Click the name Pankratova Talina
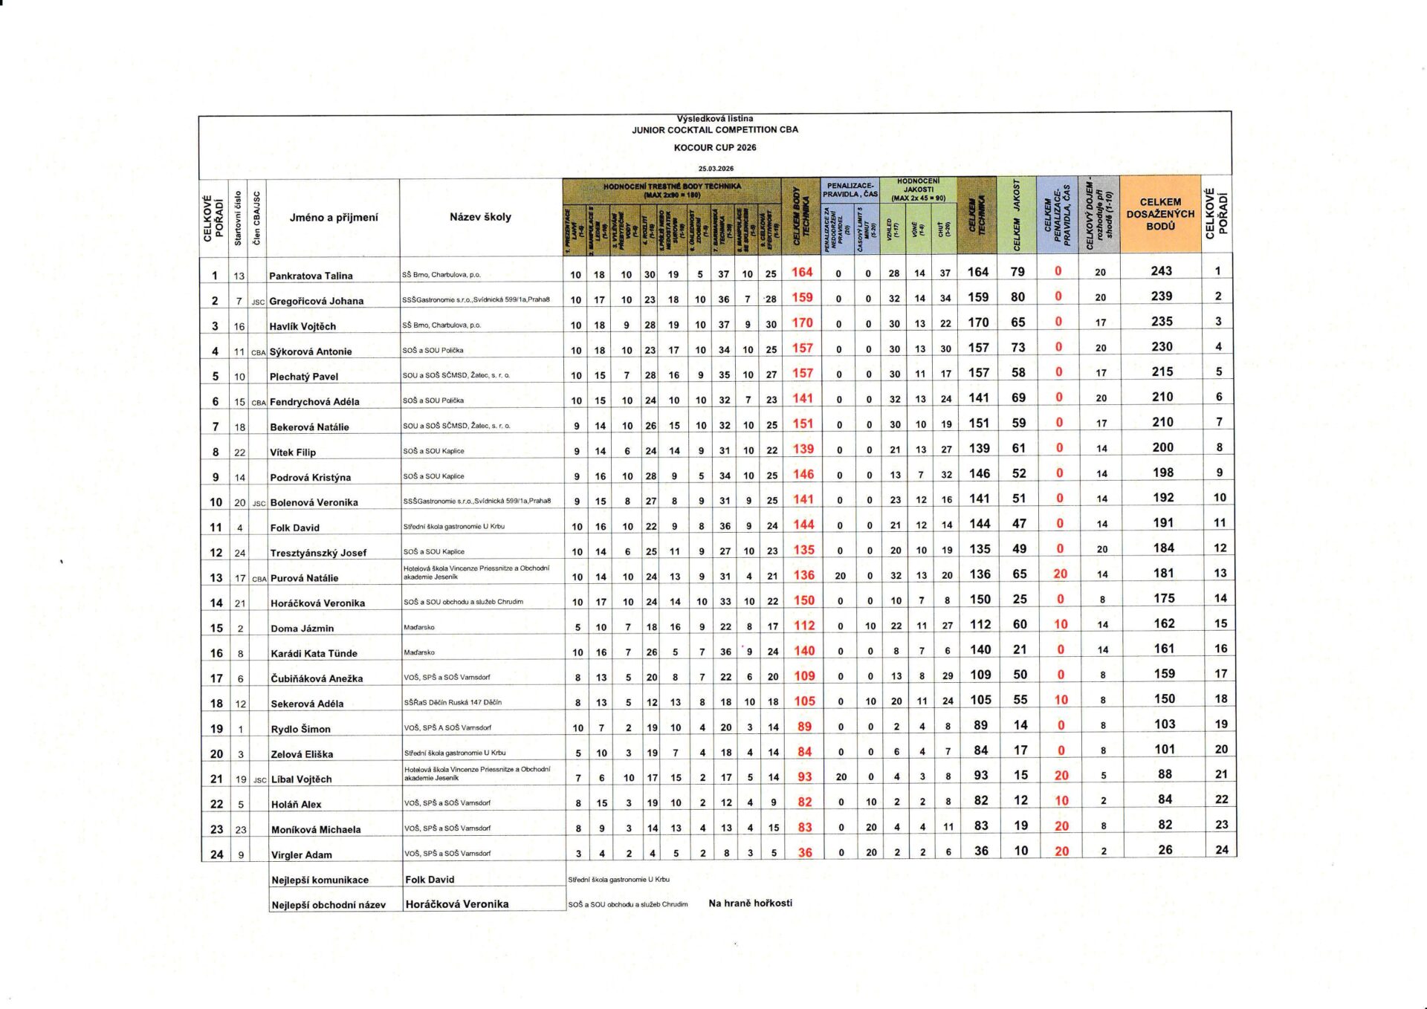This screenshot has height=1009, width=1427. [x=311, y=276]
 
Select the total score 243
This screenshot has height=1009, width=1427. [x=1161, y=271]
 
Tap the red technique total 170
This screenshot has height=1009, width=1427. [x=802, y=322]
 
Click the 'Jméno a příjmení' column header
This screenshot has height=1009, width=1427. [x=334, y=218]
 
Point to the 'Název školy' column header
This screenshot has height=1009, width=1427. [x=480, y=217]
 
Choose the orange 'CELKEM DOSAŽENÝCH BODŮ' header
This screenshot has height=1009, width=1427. [x=1160, y=214]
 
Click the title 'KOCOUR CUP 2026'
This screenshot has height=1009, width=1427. [x=715, y=148]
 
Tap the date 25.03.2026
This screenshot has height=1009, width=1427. [x=715, y=169]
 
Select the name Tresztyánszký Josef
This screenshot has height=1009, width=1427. [x=318, y=553]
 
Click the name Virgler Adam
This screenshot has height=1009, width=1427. [x=301, y=854]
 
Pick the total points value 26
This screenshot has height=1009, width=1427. [x=1165, y=849]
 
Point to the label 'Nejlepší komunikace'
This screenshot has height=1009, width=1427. [x=320, y=880]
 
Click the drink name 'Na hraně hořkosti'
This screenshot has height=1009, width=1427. [x=750, y=903]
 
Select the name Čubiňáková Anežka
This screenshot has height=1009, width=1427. [x=317, y=678]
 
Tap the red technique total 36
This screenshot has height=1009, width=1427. [x=805, y=853]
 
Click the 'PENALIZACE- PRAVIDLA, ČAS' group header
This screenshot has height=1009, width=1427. [x=850, y=189]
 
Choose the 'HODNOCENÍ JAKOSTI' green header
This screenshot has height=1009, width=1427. [x=918, y=189]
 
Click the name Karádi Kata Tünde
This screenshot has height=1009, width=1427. [x=314, y=653]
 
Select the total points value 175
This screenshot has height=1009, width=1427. [x=1164, y=598]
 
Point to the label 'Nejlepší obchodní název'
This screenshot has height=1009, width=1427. [x=329, y=905]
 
